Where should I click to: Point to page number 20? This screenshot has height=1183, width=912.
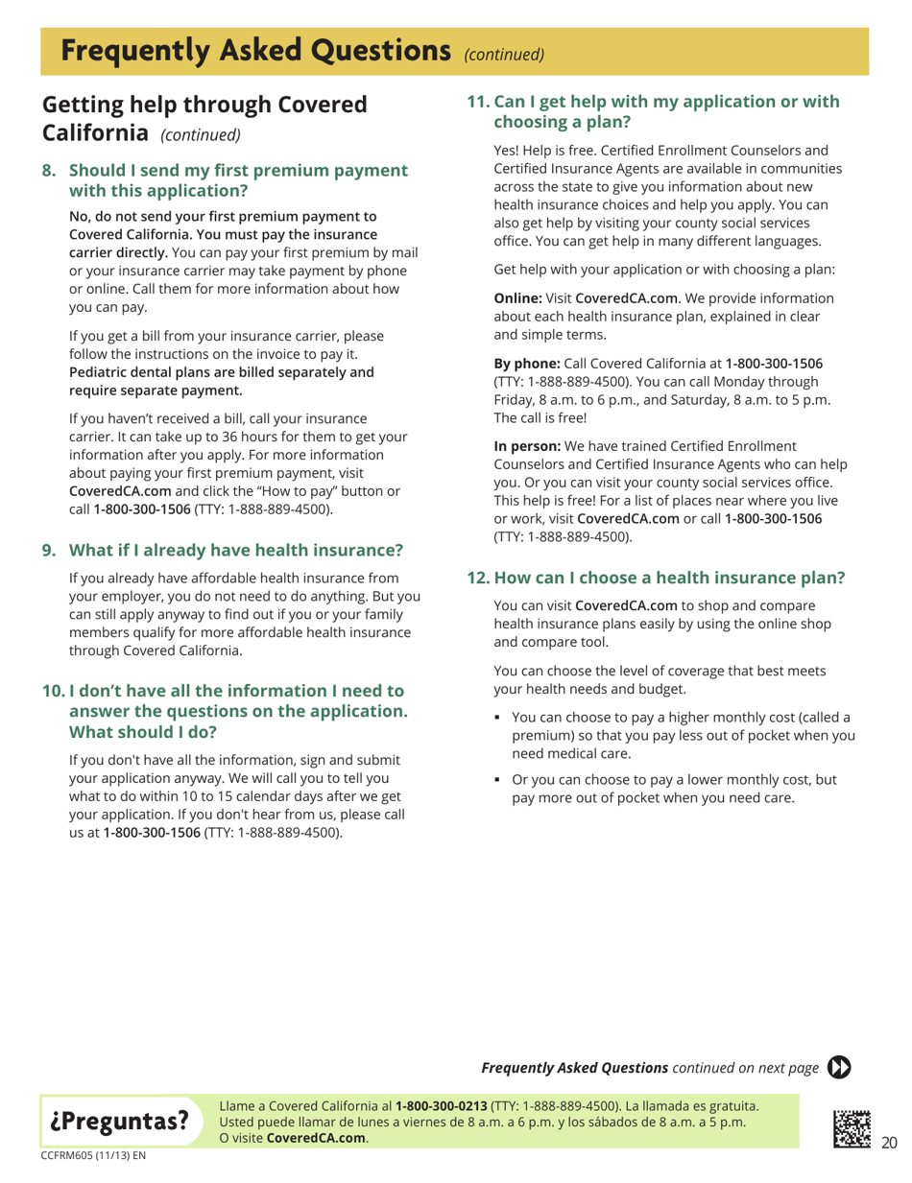889,1139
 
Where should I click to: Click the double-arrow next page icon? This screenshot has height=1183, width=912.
841,1067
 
